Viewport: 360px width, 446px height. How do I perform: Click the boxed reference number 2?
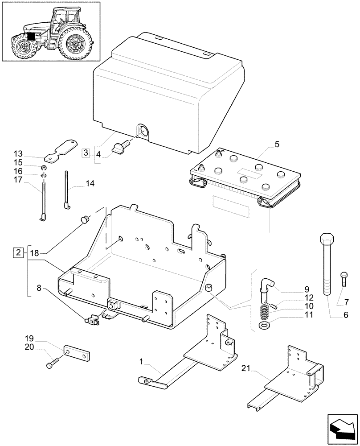pos(18,253)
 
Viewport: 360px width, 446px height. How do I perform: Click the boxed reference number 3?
pos(86,153)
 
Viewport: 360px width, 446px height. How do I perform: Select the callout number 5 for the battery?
pos(277,144)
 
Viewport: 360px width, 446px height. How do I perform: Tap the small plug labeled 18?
pos(84,220)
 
